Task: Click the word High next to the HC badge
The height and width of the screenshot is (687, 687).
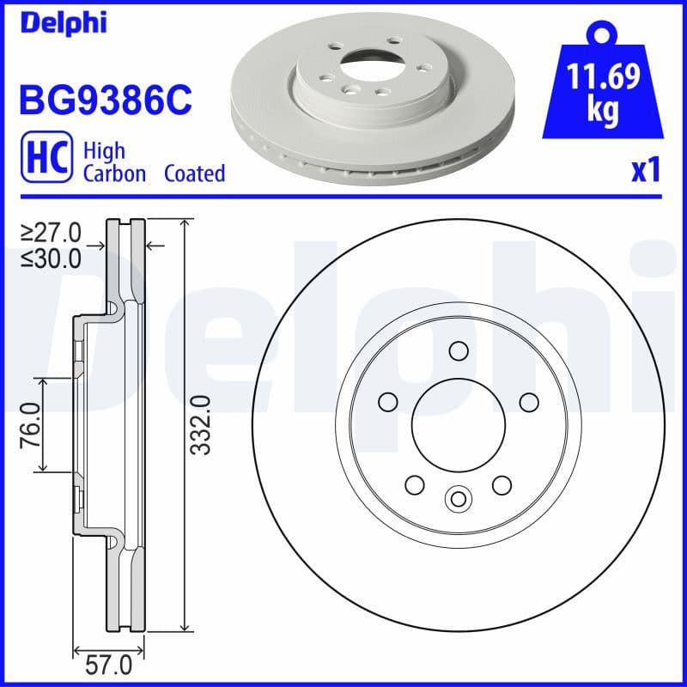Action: (x=103, y=151)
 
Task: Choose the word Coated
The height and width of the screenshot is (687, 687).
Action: (x=194, y=173)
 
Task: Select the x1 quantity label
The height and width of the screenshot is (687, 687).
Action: (x=645, y=171)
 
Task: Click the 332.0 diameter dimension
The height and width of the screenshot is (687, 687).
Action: (x=201, y=424)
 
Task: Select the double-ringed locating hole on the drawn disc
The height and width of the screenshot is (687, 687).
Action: (x=458, y=497)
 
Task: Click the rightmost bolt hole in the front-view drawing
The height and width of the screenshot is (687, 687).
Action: (x=528, y=401)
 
